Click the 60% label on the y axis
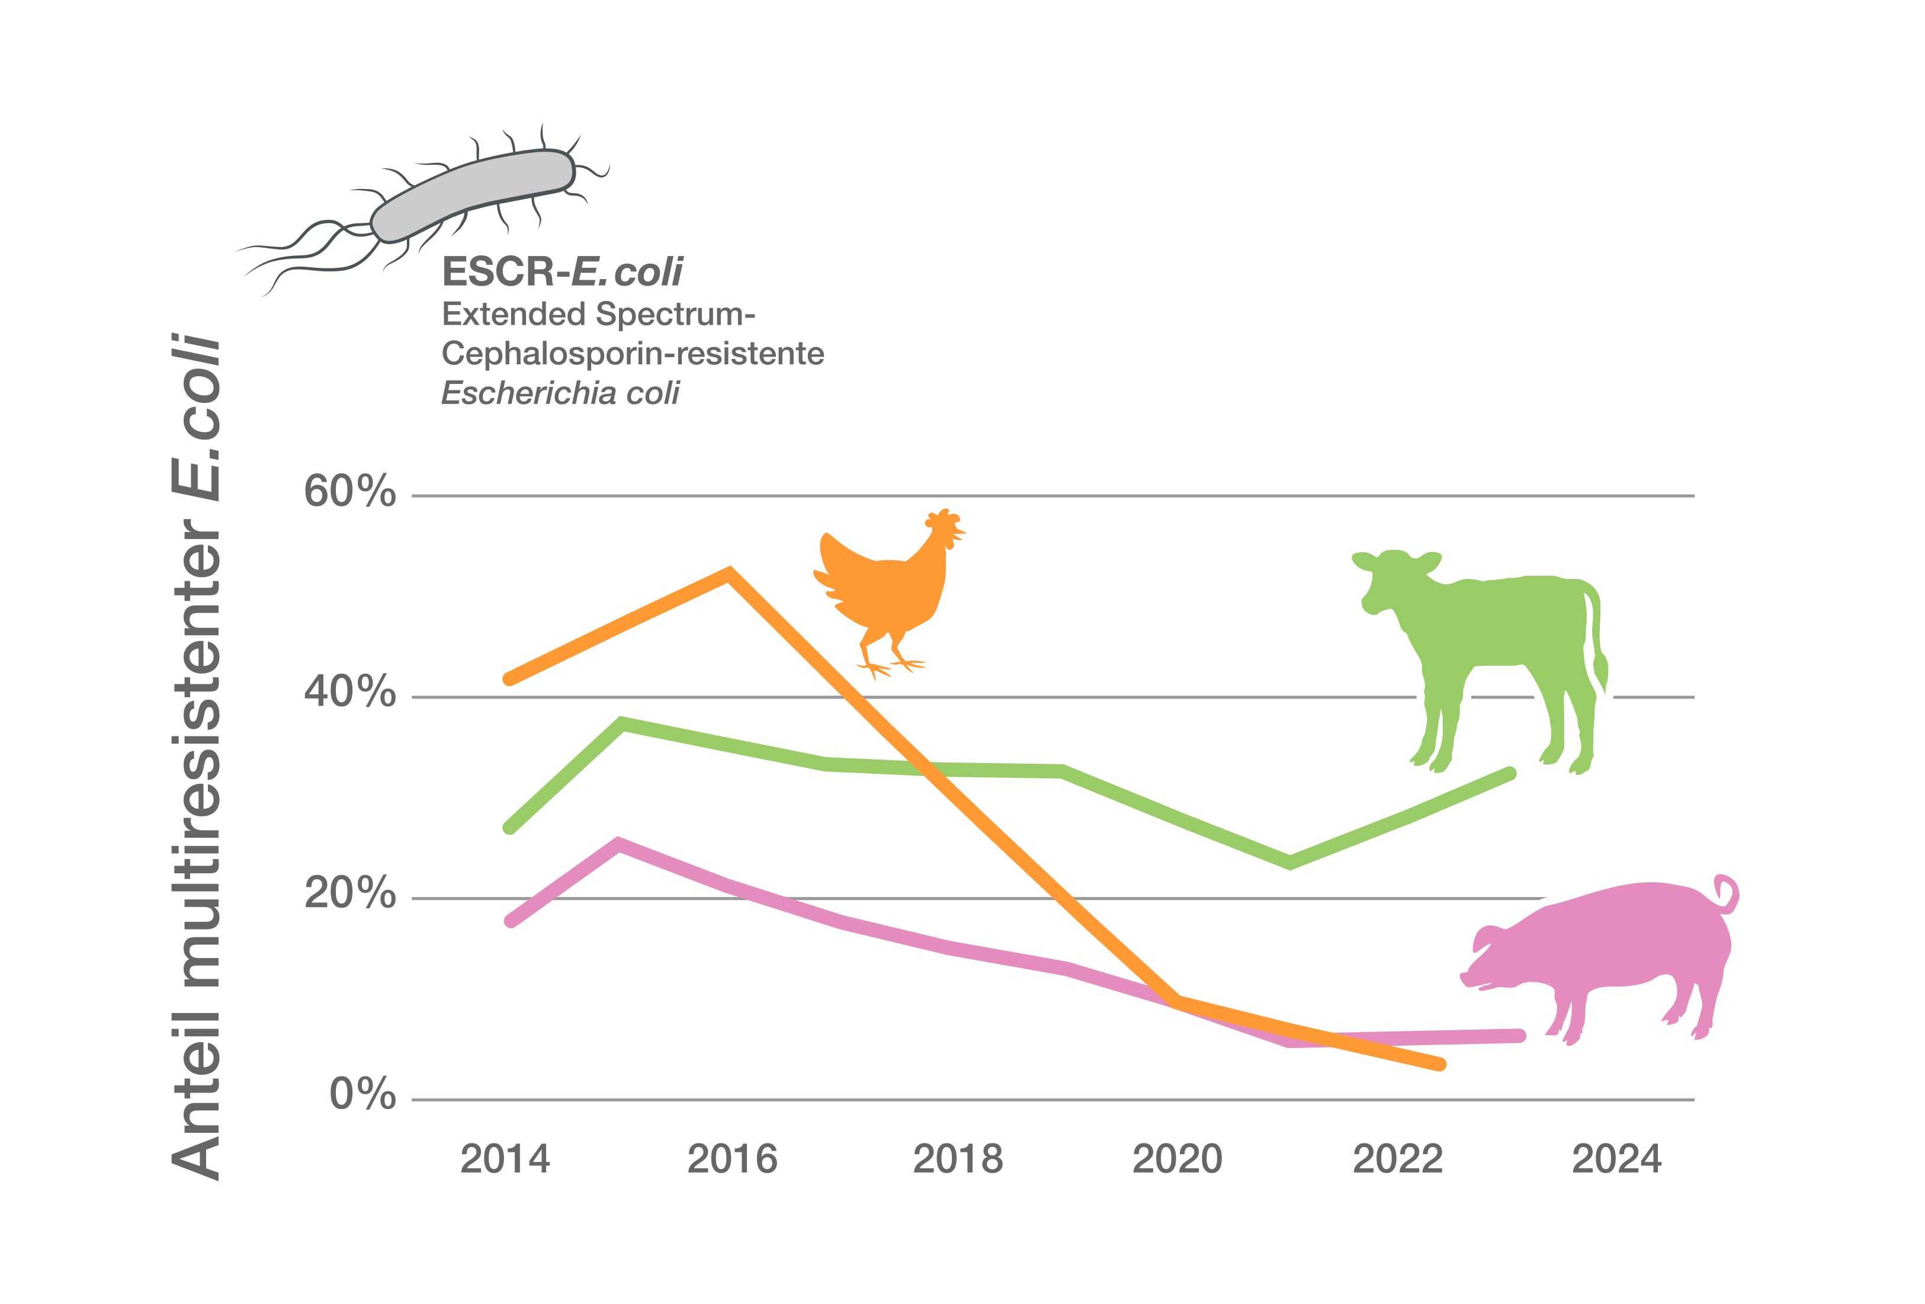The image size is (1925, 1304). [x=349, y=493]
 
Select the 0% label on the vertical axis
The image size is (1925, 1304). [x=363, y=1095]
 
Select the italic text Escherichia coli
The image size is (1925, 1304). [x=560, y=393]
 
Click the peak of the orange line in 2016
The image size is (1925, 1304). [x=728, y=574]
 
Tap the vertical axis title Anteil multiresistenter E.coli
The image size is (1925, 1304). [x=197, y=758]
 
